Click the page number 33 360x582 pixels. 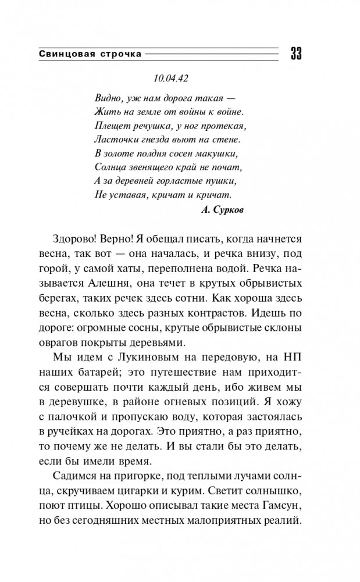[x=295, y=53]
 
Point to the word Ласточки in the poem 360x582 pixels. [x=112, y=139]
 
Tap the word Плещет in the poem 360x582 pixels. [x=108, y=125]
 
